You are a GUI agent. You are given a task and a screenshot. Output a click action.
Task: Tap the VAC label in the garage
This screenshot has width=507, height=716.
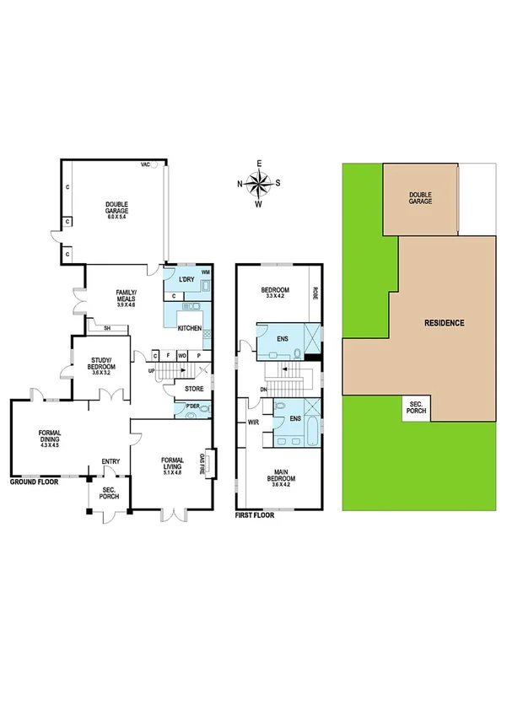click(145, 166)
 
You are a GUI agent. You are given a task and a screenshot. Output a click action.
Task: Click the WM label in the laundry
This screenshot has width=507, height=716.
click(205, 273)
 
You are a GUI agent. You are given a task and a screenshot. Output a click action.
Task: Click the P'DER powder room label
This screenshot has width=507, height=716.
click(191, 409)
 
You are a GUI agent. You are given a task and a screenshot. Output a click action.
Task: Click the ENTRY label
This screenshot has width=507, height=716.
click(110, 461)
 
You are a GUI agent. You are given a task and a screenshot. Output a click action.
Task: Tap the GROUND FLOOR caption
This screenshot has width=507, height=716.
click(33, 484)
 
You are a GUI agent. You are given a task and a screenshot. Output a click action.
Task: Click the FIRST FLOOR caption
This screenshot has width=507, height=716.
click(256, 514)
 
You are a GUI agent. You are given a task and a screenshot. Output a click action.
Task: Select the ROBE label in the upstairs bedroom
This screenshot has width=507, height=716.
click(314, 294)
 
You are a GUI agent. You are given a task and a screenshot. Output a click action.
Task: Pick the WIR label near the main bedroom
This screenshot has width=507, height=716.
click(251, 423)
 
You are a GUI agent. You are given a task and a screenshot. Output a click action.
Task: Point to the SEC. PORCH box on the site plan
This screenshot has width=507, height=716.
click(415, 406)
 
